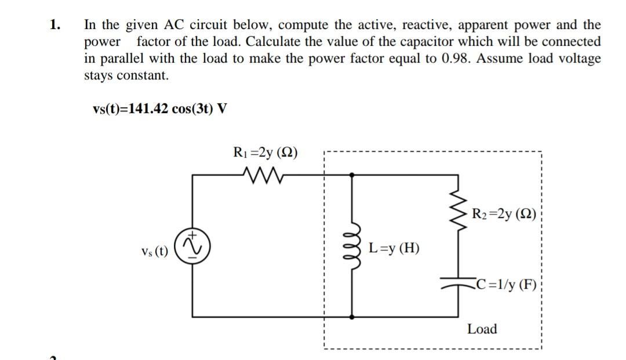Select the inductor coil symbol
pyautogui.click(x=351, y=248)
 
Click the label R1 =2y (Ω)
pyautogui.click(x=264, y=153)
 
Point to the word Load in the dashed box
pyautogui.click(x=482, y=329)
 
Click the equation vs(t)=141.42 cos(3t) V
pyautogui.click(x=160, y=109)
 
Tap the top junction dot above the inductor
pyautogui.click(x=351, y=173)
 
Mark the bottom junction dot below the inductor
pyautogui.click(x=351, y=317)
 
